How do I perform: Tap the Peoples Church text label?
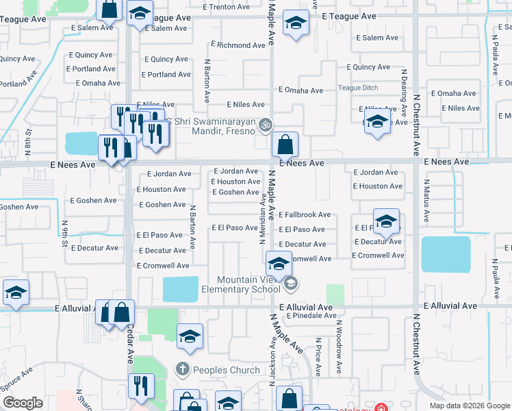click(226, 370)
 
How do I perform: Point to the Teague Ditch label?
click(358, 88)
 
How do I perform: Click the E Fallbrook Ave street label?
click(305, 215)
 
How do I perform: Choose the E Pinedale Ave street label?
click(311, 316)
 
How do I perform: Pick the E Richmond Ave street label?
click(238, 45)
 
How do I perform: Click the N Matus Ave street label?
click(425, 199)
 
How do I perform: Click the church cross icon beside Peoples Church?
click(182, 369)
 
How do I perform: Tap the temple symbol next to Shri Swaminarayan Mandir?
click(266, 125)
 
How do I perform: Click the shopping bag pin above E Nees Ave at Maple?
click(285, 145)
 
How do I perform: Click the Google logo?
click(22, 403)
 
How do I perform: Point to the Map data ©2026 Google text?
click(469, 406)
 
